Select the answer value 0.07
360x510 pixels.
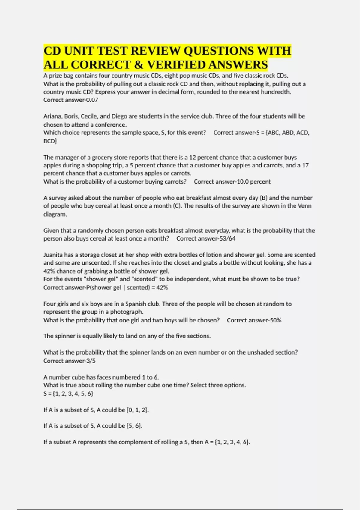click(92, 100)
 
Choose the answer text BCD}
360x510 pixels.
click(50, 141)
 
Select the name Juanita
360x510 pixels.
click(53, 255)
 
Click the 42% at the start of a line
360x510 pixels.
click(49, 271)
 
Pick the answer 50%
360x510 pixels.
click(276, 320)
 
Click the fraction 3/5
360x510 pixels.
click(91, 361)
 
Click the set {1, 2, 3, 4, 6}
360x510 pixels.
click(232, 442)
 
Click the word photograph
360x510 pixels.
click(127, 312)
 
